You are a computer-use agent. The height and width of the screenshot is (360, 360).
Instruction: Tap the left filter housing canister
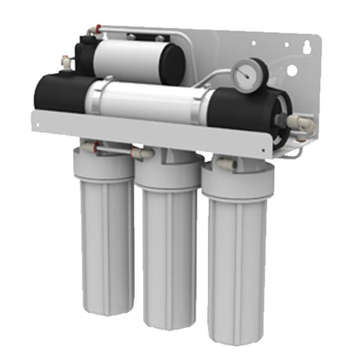point(103,227)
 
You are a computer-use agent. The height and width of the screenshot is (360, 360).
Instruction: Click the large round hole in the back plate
point(292,70)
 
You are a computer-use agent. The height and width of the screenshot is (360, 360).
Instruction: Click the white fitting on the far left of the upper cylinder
point(66,60)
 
